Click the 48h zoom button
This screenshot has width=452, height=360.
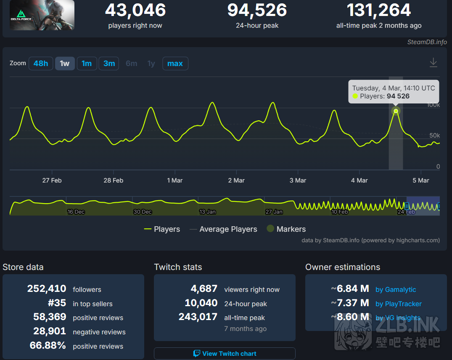(x=41, y=64)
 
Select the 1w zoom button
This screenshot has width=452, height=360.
(x=65, y=64)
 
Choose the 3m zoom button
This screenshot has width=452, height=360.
(x=109, y=64)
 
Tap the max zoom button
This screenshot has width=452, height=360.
(x=175, y=64)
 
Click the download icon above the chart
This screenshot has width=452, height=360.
(x=433, y=63)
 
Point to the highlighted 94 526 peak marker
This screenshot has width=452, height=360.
(x=396, y=111)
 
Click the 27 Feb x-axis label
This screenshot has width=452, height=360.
(x=52, y=180)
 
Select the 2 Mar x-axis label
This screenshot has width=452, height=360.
(x=236, y=180)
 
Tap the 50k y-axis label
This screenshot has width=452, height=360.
(x=434, y=135)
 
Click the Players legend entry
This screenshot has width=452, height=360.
(x=162, y=229)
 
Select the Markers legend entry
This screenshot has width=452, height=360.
(x=286, y=229)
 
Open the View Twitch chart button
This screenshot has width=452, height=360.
(x=225, y=354)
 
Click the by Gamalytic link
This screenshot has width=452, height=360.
(x=396, y=290)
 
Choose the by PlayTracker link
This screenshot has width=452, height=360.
(x=398, y=304)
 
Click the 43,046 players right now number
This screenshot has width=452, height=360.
(x=135, y=10)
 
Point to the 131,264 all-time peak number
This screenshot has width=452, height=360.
(x=379, y=10)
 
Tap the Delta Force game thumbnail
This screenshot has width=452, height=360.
(x=42, y=15)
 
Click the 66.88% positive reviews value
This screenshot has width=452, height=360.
(x=48, y=346)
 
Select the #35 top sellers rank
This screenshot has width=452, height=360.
(x=57, y=303)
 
